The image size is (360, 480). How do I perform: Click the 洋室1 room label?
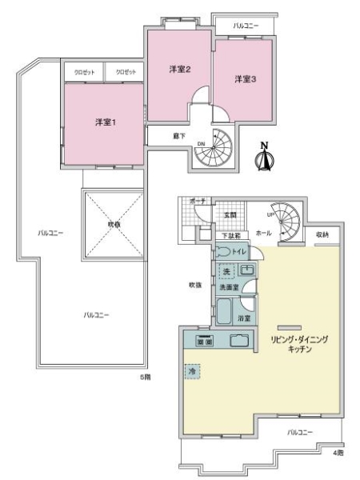tap(104, 122)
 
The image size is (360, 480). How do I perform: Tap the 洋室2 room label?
tap(178, 70)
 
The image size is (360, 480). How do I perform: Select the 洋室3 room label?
tap(244, 78)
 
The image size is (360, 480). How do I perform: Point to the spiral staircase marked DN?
tap(212, 147)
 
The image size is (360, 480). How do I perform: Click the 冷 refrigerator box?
tap(192, 373)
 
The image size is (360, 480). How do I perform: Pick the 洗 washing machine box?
tap(226, 270)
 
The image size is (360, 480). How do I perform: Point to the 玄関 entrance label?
tap(230, 215)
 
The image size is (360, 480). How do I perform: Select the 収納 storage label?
tap(322, 234)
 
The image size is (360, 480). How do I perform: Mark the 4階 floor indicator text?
tap(338, 453)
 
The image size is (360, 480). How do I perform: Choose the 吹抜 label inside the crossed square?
tap(114, 224)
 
